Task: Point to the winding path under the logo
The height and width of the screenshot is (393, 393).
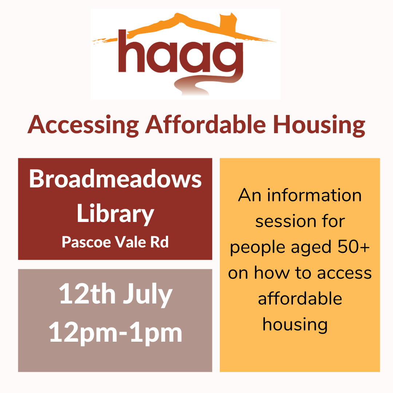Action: (206, 84)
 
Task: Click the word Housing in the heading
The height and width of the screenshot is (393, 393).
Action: (318, 125)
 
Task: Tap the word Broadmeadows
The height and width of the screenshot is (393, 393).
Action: (115, 179)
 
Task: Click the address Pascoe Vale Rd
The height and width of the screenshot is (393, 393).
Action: (115, 242)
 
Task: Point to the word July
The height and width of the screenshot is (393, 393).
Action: (148, 294)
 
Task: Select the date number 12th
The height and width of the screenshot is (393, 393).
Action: (87, 293)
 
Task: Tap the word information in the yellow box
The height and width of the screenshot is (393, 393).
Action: (314, 195)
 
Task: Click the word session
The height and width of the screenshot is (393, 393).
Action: (286, 222)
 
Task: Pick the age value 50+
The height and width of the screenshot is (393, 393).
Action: (354, 246)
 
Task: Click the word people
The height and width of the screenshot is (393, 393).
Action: (258, 248)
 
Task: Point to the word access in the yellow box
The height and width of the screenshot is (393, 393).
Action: (344, 273)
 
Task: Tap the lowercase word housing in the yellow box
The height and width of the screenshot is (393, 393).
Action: (295, 325)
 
